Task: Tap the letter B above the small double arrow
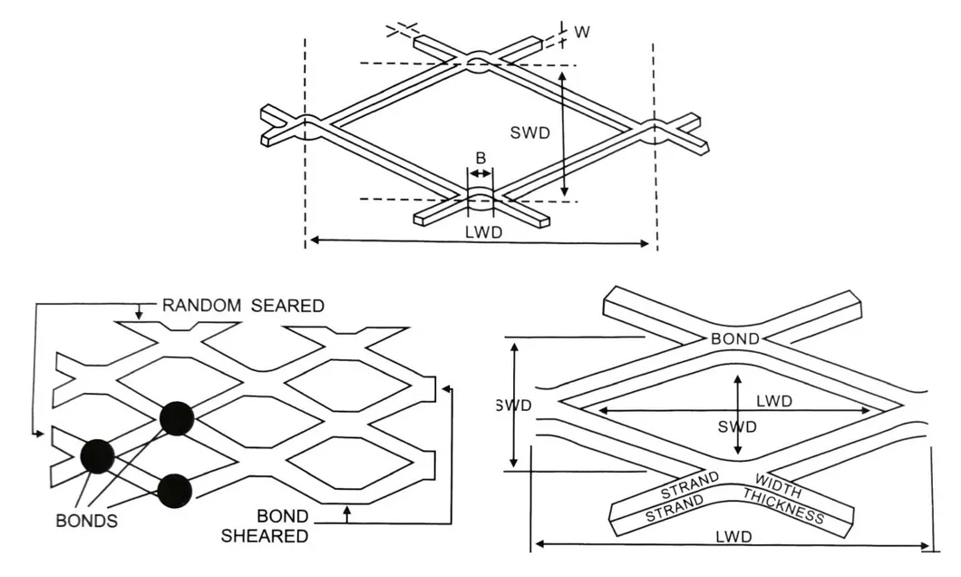pos(480,158)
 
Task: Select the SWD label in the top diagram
pos(529,132)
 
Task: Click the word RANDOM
pos(201,306)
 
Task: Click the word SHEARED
pos(265,535)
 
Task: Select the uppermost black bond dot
pos(177,417)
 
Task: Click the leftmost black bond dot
pos(97,454)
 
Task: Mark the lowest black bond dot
pos(174,489)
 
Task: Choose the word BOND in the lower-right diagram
pos(735,338)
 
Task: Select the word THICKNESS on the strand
pos(783,506)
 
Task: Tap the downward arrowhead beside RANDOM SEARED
pos(139,314)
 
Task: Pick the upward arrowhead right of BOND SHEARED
pos(347,513)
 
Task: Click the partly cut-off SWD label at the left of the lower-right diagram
pos(513,405)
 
